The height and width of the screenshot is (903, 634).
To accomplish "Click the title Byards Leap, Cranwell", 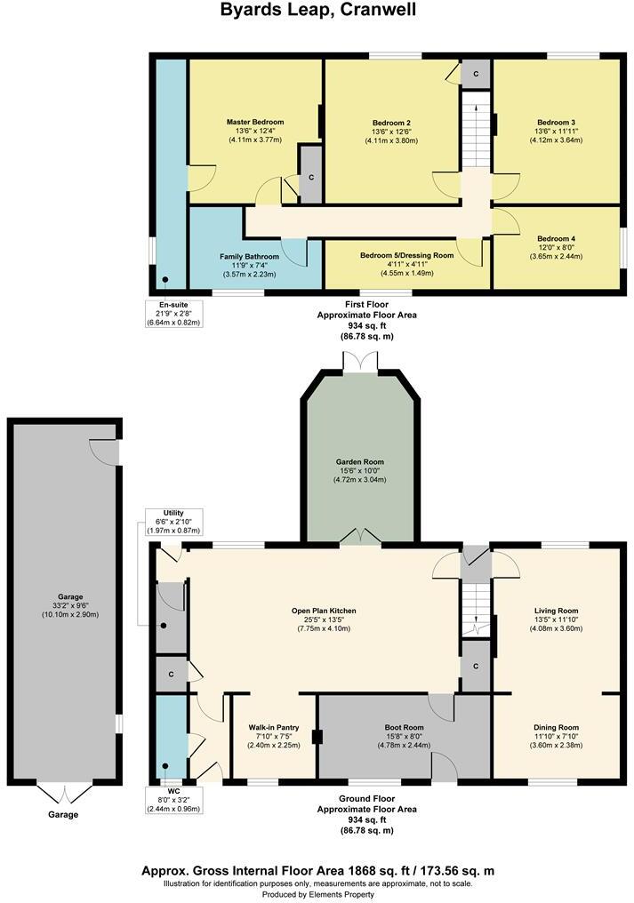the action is [x=317, y=10].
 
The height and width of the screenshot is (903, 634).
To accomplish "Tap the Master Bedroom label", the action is [x=254, y=122].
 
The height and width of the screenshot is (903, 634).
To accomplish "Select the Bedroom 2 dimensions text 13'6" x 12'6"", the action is [x=391, y=132].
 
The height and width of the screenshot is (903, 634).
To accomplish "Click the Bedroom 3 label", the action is [x=556, y=122].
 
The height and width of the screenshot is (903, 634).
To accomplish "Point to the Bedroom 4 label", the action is [x=556, y=238].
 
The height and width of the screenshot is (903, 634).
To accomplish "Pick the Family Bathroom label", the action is [x=249, y=257].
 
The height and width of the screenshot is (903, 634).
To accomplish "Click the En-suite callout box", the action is [x=173, y=313].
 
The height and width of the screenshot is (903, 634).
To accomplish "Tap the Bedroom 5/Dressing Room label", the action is [x=407, y=255].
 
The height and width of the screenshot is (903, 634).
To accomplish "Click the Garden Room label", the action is [x=359, y=462].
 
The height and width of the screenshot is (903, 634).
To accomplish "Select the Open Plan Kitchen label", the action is [x=324, y=611].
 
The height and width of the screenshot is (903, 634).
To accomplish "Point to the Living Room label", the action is [x=556, y=611].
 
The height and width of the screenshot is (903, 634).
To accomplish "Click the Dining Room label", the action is [x=556, y=727].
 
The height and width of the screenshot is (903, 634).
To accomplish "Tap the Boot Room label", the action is [x=404, y=727].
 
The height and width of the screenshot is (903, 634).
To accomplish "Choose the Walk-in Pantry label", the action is [x=274, y=727].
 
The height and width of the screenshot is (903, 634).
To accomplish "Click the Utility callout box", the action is [x=173, y=522].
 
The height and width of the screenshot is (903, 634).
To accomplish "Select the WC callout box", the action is [x=173, y=800].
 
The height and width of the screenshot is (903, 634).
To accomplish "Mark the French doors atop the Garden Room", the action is [x=360, y=363].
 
